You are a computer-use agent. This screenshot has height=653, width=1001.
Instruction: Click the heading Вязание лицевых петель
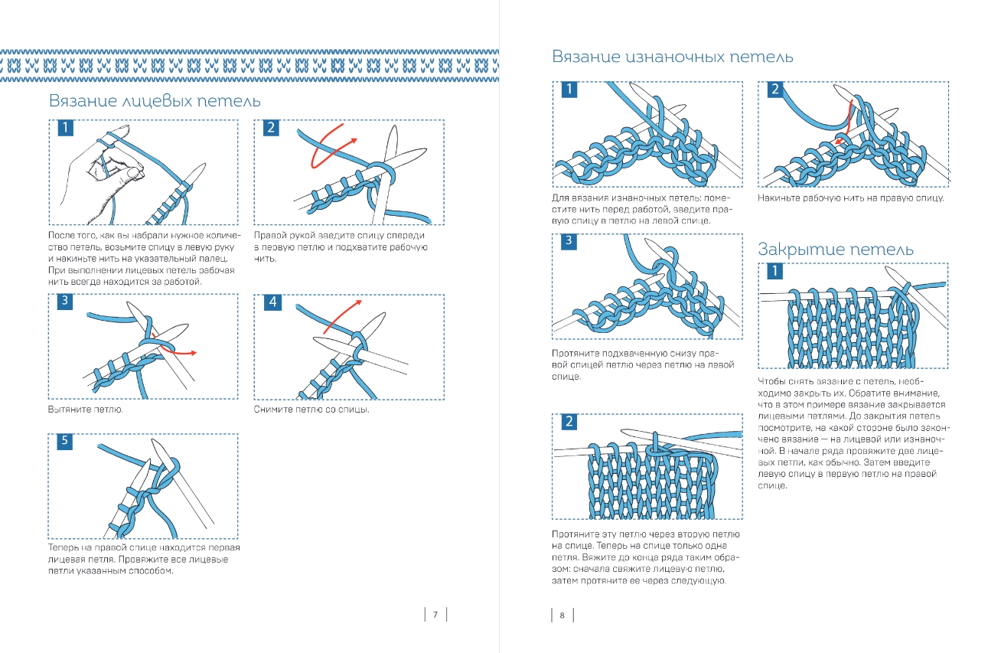click(x=155, y=101)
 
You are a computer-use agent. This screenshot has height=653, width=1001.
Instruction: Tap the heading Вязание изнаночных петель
click(x=672, y=57)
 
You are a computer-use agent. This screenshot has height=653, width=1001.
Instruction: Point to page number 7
click(x=435, y=615)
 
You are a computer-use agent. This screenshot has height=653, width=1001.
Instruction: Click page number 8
click(x=562, y=615)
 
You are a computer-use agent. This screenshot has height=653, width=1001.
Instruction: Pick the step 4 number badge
click(x=272, y=302)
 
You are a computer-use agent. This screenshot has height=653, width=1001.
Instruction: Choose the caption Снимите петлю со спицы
click(x=311, y=410)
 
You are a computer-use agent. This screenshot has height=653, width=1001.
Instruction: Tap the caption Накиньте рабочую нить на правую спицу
click(x=850, y=198)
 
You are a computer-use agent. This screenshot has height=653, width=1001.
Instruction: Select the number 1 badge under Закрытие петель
click(x=774, y=272)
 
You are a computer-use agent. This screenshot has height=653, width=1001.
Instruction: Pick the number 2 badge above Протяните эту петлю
click(x=569, y=422)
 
